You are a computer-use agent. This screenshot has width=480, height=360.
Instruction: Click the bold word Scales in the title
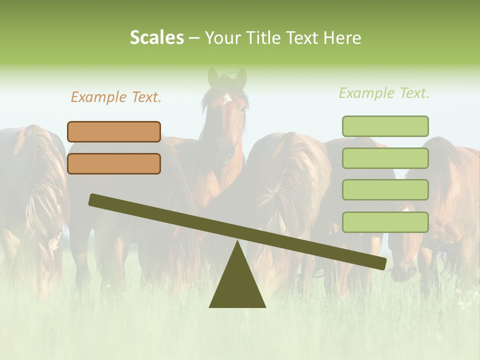pos(157,37)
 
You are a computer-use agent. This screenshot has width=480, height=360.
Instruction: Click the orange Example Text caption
pos(116,97)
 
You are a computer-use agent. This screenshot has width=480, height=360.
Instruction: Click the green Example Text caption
pos(384,93)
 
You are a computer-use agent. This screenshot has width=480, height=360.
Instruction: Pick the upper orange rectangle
pos(114,131)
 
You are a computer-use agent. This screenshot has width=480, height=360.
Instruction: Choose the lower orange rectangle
pos(114,163)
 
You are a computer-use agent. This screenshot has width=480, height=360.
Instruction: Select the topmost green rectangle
pos(385,126)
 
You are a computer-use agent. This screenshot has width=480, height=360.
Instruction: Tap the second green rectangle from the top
pos(385,158)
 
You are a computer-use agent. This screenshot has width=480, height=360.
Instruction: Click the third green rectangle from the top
pos(385,190)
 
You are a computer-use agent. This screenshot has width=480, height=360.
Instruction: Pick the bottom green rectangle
pos(385,222)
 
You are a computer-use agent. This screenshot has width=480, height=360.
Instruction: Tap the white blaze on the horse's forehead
pos(226,97)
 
